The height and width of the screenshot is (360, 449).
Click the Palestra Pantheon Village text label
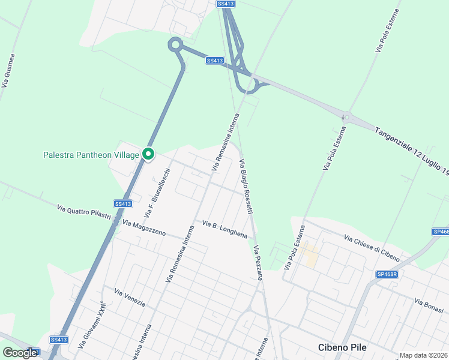pyautogui.click(x=91, y=155)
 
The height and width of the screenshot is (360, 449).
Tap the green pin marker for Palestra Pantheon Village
pyautogui.click(x=148, y=154)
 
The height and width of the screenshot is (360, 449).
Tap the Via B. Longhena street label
pyautogui.click(x=224, y=229)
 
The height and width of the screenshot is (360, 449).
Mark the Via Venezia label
pyautogui.click(x=130, y=298)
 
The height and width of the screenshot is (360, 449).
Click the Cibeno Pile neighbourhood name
pyautogui.click(x=342, y=347)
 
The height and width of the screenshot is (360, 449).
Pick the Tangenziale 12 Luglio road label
pyautogui.click(x=412, y=150)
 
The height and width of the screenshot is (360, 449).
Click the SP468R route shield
pyautogui.click(x=388, y=274)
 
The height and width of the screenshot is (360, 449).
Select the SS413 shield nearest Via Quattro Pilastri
pyautogui.click(x=122, y=203)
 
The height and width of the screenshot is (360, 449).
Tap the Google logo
pyautogui.click(x=20, y=353)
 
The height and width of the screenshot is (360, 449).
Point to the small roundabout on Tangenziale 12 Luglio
pyautogui.click(x=346, y=117)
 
